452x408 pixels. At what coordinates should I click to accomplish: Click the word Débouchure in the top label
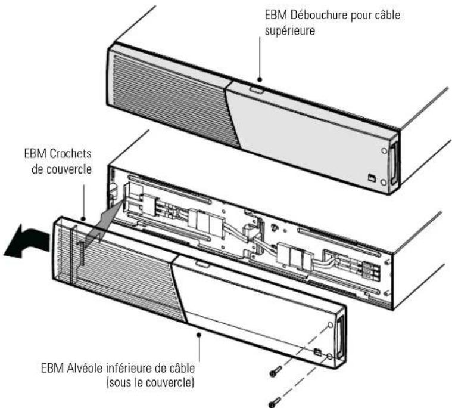(319, 15)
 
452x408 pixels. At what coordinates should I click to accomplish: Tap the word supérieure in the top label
(290, 31)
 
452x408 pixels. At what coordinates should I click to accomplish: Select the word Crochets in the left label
(70, 153)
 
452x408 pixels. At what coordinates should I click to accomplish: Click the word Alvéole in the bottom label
(85, 368)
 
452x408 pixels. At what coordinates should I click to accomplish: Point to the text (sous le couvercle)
(150, 382)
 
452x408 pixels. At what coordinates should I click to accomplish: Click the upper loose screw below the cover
(276, 371)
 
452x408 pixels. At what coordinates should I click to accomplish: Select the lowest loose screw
(275, 402)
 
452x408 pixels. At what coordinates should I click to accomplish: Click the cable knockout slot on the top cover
(256, 91)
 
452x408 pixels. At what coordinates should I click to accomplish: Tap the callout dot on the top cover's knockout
(260, 79)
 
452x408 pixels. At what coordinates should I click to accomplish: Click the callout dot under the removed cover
(199, 335)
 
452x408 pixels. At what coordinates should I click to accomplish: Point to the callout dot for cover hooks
(83, 218)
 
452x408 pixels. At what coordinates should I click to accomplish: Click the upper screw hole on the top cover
(384, 150)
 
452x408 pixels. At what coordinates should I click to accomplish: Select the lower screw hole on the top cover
(384, 182)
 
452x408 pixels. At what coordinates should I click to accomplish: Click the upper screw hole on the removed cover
(331, 325)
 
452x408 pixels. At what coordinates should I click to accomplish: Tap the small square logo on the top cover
(372, 178)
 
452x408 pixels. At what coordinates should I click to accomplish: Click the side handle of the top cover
(394, 163)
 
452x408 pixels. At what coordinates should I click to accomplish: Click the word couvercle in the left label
(61, 169)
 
